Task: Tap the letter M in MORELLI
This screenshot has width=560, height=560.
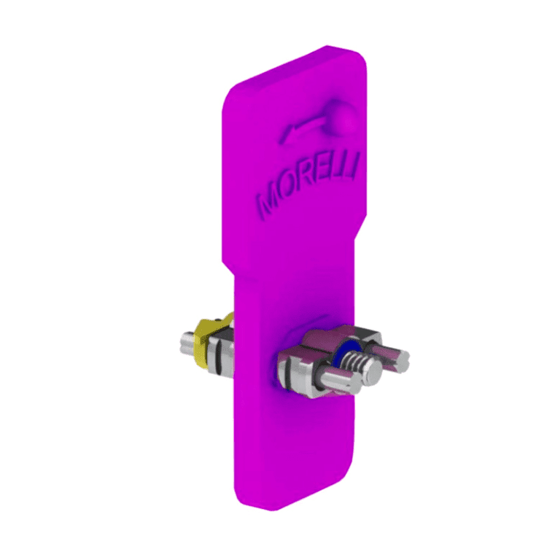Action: tap(271, 203)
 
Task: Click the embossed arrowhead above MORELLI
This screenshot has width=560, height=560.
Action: tap(289, 133)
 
